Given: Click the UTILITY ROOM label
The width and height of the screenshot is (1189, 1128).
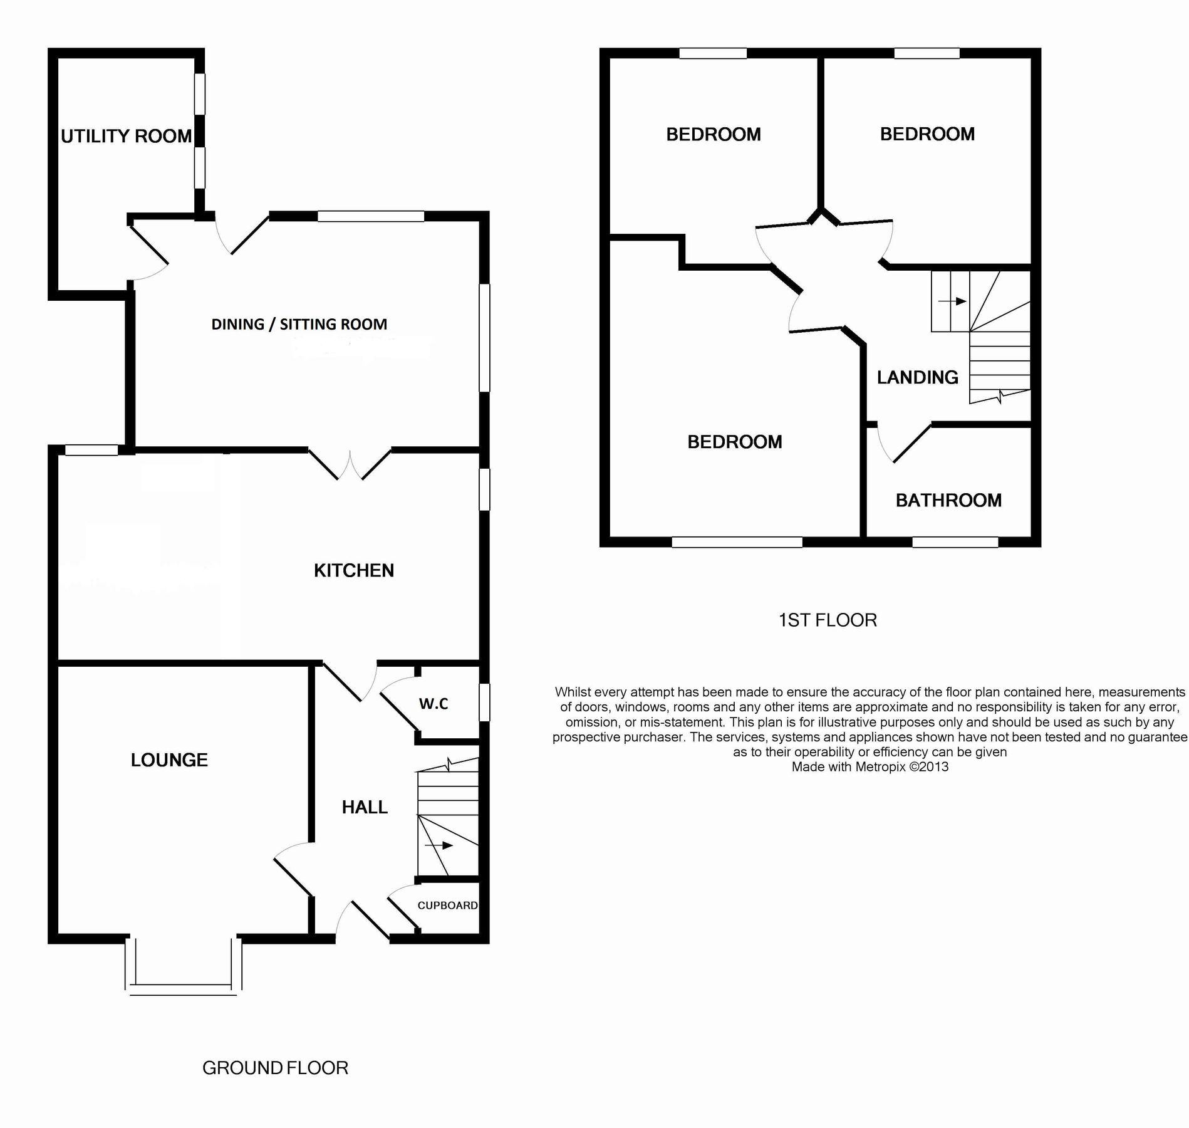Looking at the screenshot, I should point(126,136).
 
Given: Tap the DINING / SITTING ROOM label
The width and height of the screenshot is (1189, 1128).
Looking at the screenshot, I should point(299,324).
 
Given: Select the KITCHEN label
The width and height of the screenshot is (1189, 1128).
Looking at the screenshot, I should point(353,570).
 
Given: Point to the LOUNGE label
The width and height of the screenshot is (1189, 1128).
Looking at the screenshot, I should point(169,760).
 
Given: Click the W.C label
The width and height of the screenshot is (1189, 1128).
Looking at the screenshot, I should point(434,704).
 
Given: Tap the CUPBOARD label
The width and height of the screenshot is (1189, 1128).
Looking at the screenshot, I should point(447,905).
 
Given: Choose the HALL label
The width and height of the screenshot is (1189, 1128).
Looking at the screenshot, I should point(365,807).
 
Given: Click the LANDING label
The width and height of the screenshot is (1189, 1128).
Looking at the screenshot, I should point(917,377).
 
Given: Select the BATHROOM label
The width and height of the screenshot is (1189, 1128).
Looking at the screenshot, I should point(948,500).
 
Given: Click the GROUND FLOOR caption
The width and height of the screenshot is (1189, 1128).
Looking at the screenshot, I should point(275,1067).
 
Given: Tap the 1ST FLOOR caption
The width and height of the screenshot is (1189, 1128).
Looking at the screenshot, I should point(827,620).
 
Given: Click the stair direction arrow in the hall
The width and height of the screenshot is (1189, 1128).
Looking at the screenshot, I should point(439,845).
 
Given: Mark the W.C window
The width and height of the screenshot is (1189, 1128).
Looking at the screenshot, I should point(484,702).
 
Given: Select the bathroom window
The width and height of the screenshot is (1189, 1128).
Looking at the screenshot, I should point(955,542).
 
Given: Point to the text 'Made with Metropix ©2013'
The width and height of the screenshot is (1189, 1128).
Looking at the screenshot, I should point(870,766).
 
